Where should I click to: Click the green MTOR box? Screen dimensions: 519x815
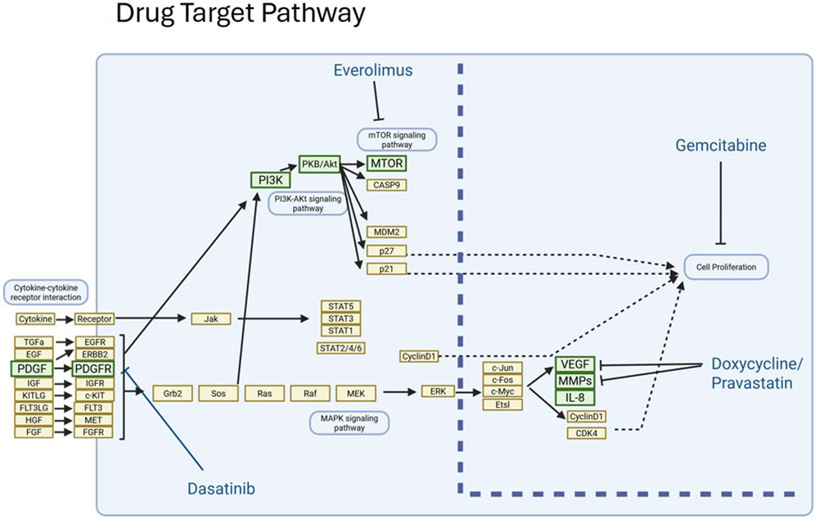click(x=387, y=164)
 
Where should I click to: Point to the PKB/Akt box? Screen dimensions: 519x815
click(x=320, y=164)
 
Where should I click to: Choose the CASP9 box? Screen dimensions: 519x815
click(x=387, y=184)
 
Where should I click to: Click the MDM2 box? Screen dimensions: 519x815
click(x=387, y=232)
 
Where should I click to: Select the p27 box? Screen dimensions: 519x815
click(x=387, y=250)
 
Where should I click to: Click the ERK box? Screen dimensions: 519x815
click(x=433, y=391)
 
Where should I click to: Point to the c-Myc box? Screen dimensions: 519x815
click(x=502, y=392)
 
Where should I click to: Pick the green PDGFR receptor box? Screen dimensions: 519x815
click(x=94, y=369)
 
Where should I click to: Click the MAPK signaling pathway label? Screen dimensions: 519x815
click(x=349, y=422)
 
